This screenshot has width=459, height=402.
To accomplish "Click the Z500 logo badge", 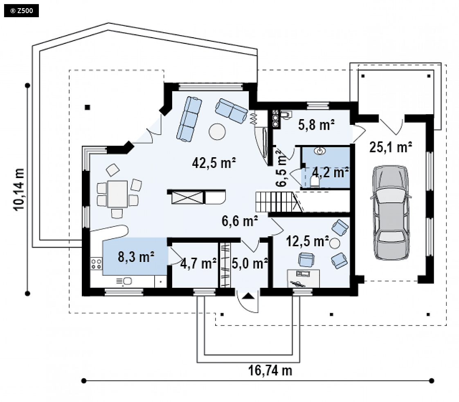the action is pos(21,11).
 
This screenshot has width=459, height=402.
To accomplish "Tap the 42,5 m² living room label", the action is pos(214,163).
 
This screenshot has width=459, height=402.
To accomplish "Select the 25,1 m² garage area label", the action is pos(391,147).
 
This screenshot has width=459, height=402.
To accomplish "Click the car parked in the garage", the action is pos(391,213).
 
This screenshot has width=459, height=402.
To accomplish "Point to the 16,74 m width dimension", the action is pos(270,370).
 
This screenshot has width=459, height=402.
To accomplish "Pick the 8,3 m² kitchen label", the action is pos(136,257).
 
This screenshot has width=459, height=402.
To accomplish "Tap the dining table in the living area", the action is pos(117,194).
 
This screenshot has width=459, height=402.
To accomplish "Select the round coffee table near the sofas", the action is pos(217,131).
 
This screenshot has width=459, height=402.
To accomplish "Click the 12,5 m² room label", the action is pos(307,242).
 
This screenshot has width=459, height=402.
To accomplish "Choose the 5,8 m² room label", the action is pos(317,125).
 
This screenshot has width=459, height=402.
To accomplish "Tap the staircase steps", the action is pos(274,201).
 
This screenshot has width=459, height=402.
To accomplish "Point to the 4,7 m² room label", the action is pos(198,263).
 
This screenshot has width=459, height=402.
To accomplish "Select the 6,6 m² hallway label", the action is pos(240,221).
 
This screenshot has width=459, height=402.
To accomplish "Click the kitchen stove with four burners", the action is pos(96,263).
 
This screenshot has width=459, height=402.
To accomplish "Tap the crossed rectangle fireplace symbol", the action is pos(187,197).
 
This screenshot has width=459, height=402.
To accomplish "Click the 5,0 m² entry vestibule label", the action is pos(250,263).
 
